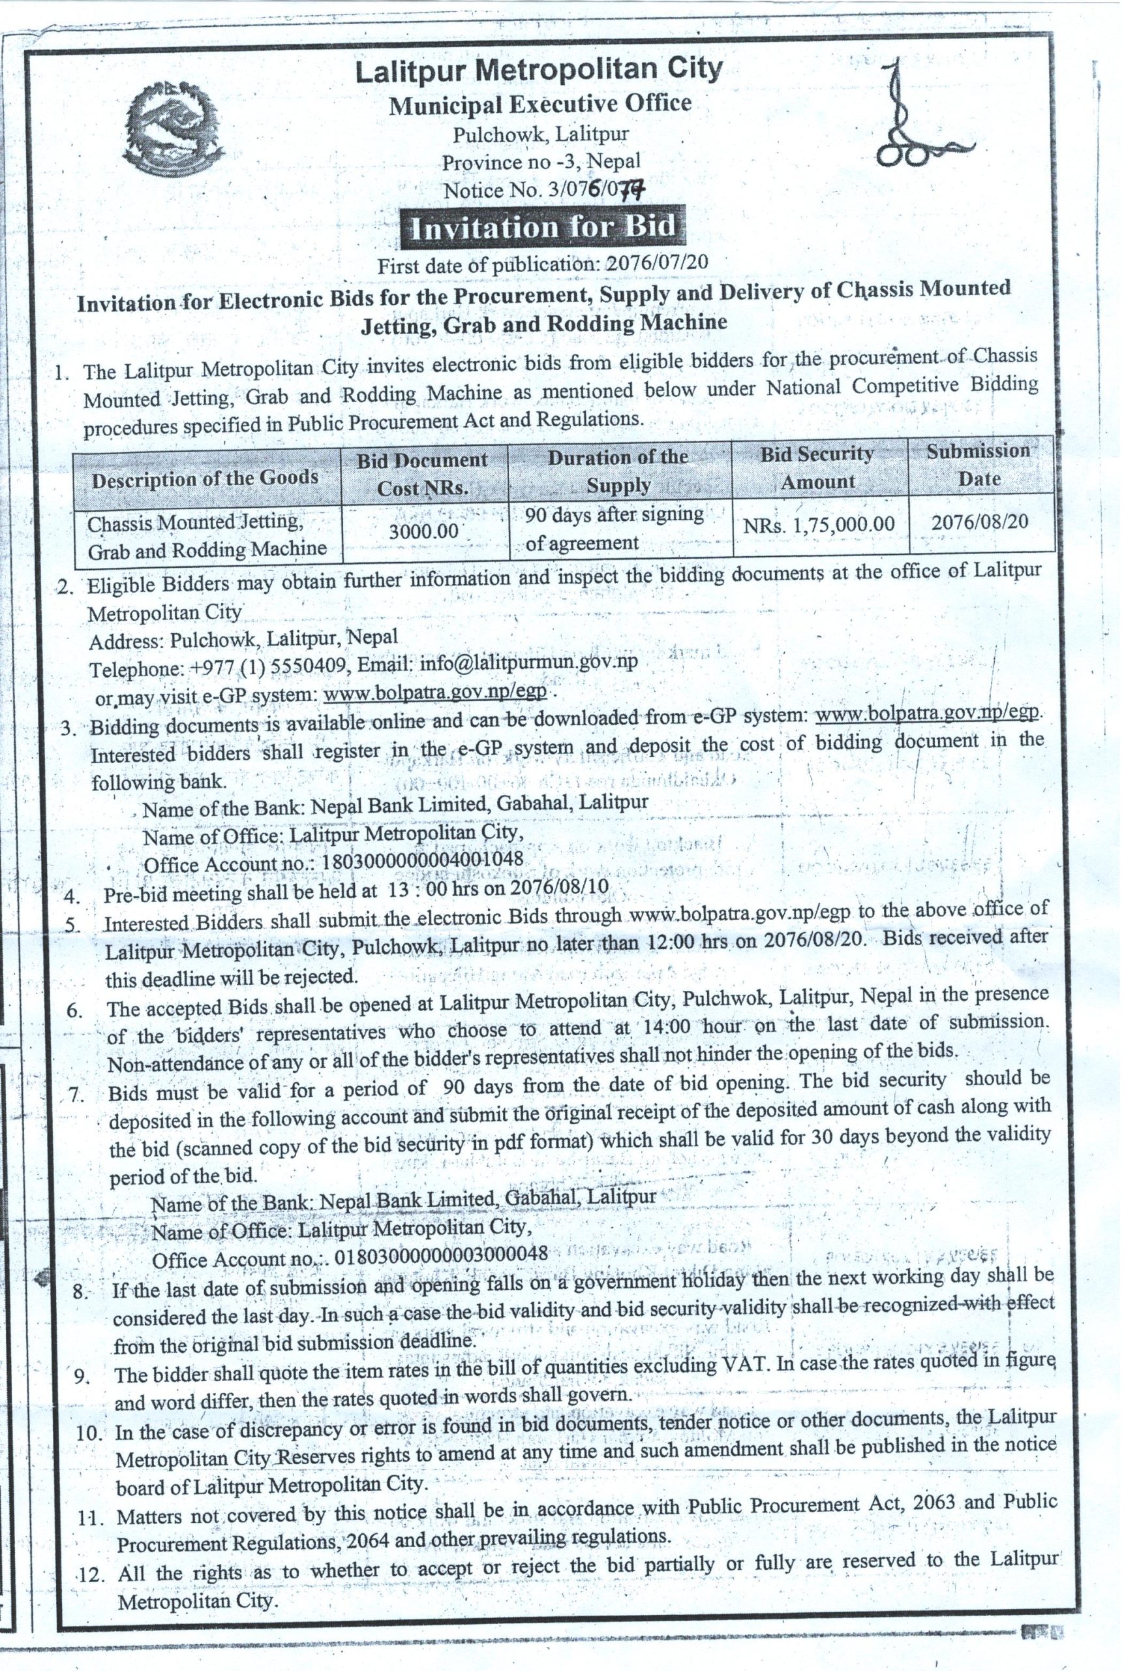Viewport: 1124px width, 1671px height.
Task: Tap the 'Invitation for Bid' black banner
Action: coord(542,226)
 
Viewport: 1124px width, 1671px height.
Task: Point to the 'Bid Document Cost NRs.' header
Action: coord(423,473)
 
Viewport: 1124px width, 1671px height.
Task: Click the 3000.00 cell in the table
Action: coord(423,531)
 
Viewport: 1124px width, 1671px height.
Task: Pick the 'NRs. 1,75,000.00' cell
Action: coord(819,524)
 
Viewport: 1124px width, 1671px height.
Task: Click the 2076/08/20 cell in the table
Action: coord(979,522)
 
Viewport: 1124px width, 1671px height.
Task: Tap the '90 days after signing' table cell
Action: coord(615,514)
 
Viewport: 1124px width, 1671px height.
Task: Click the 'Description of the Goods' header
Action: coord(205,478)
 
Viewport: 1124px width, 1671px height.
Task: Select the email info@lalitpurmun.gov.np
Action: coord(528,662)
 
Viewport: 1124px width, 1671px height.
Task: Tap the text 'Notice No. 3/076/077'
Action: coord(543,190)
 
